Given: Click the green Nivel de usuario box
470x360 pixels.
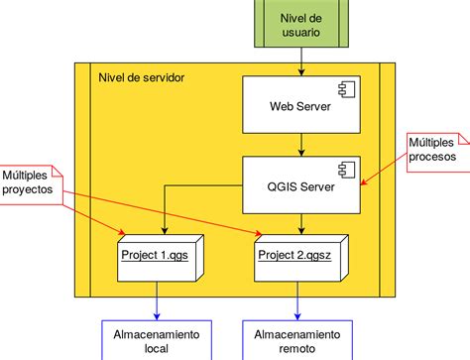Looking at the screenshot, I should click(x=299, y=24).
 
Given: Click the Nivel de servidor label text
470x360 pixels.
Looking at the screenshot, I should click(x=141, y=78).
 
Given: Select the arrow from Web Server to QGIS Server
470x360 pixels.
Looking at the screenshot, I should click(x=299, y=146).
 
